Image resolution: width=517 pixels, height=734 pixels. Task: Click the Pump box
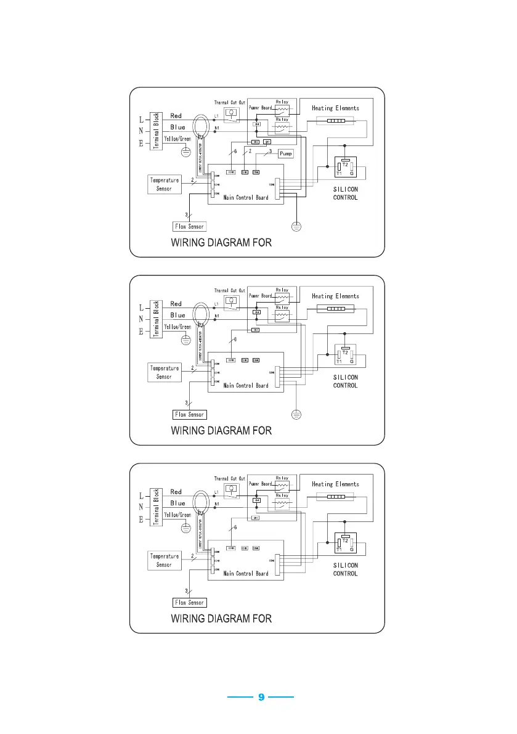(x=286, y=153)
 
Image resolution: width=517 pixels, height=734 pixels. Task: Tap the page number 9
(x=261, y=697)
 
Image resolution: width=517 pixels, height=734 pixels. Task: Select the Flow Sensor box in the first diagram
(x=189, y=226)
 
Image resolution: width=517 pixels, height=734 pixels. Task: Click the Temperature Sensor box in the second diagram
(x=164, y=372)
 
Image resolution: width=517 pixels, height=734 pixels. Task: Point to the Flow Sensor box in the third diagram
(x=189, y=602)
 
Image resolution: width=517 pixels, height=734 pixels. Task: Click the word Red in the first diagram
(x=176, y=116)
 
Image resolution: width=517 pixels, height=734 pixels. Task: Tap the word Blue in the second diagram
(x=177, y=315)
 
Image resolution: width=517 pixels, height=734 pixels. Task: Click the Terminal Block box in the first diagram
(x=157, y=131)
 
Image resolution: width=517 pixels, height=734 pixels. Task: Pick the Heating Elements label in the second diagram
(x=335, y=296)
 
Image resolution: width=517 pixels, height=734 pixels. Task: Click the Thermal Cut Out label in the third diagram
(x=230, y=478)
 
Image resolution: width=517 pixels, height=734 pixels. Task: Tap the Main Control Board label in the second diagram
(x=246, y=386)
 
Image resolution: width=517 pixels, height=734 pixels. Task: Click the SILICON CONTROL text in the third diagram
(x=345, y=569)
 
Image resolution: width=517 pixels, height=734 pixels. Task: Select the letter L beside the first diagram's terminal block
(x=141, y=118)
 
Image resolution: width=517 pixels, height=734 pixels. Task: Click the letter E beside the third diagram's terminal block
(x=141, y=520)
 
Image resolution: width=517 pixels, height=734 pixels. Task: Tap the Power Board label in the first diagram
(x=260, y=107)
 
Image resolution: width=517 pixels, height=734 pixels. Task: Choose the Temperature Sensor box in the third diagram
(x=164, y=560)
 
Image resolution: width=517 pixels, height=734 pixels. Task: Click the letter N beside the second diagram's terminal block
(x=141, y=319)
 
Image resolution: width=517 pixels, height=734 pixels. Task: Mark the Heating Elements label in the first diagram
(x=335, y=108)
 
